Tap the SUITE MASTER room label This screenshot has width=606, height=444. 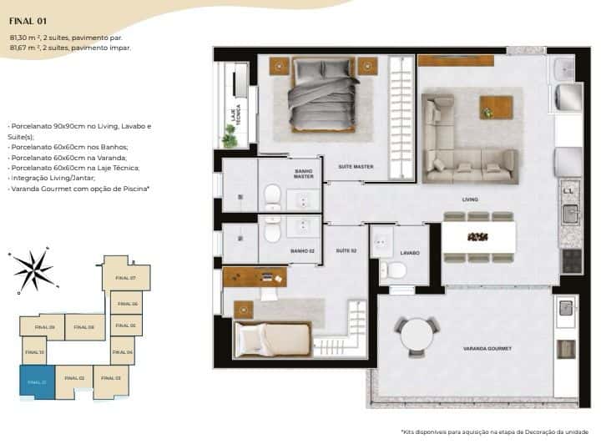pyautogui.click(x=355, y=167)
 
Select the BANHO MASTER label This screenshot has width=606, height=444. pyautogui.click(x=303, y=174)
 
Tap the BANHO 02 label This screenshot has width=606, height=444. pyautogui.click(x=301, y=250)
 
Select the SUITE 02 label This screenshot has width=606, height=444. pyautogui.click(x=346, y=250)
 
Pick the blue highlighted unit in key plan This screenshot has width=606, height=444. pyautogui.click(x=37, y=382)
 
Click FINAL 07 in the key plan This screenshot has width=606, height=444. pyautogui.click(x=125, y=277)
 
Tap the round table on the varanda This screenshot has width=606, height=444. pyautogui.click(x=415, y=336)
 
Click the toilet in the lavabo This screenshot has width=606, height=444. pyautogui.click(x=394, y=269)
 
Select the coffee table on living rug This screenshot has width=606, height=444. pyautogui.click(x=496, y=107)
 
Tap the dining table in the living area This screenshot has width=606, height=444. pyautogui.click(x=477, y=237)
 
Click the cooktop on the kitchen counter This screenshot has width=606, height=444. pyautogui.click(x=571, y=261)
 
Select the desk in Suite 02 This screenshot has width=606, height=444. pyautogui.click(x=255, y=276)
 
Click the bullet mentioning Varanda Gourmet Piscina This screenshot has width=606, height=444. pyautogui.click(x=79, y=189)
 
